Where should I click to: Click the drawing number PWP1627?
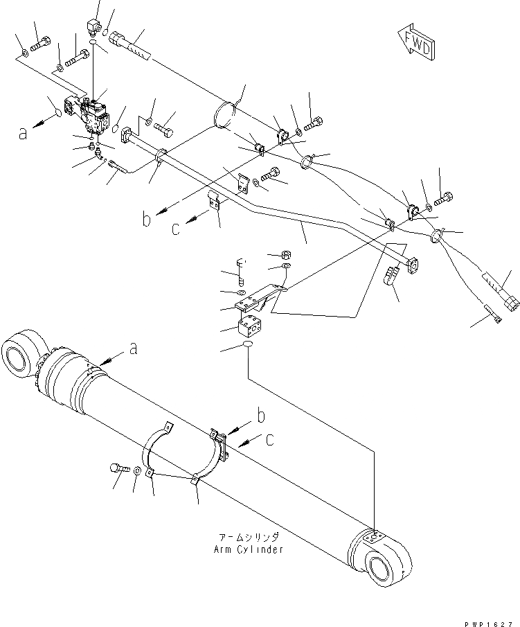click(488, 621)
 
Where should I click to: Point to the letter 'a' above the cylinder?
click(134, 351)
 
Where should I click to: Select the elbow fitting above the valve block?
click(92, 28)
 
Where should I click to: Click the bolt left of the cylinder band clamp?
click(117, 469)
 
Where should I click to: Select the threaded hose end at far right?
click(503, 293)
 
